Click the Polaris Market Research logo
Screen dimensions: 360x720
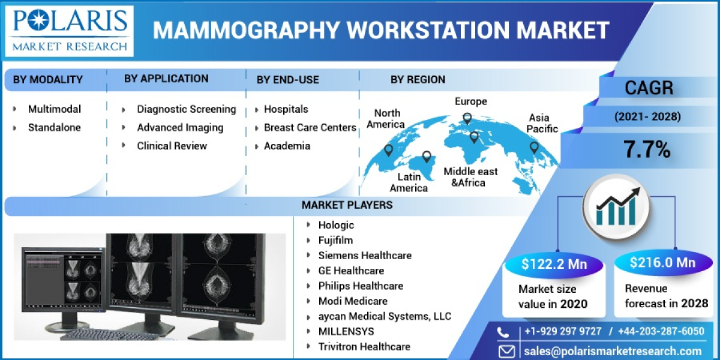click(x=70, y=30)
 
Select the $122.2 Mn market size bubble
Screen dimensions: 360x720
click(x=553, y=263)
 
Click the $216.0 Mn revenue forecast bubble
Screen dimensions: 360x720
click(x=662, y=263)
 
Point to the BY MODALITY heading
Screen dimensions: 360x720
click(x=48, y=79)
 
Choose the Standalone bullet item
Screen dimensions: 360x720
click(x=54, y=127)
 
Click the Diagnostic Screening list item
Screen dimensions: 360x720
click(x=186, y=109)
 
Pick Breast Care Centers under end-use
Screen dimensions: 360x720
click(x=310, y=127)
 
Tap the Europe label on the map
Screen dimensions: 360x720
click(x=470, y=101)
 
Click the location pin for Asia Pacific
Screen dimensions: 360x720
click(x=534, y=146)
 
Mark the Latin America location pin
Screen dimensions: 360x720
click(x=427, y=157)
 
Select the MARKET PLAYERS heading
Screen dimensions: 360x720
click(x=347, y=205)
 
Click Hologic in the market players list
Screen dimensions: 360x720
click(x=336, y=225)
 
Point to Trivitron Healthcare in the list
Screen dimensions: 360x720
click(x=364, y=346)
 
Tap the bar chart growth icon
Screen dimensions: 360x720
click(x=616, y=205)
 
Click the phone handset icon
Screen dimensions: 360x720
click(x=506, y=332)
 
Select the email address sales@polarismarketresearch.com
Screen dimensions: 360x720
click(x=611, y=352)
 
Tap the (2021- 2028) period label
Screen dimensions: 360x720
click(x=647, y=117)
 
